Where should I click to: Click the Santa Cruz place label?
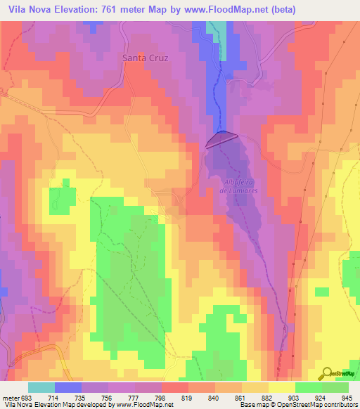(145, 58)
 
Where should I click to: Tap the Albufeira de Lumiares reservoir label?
(241, 186)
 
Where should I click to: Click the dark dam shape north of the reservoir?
(221, 139)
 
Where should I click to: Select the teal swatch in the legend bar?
(41, 387)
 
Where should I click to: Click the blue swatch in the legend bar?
(68, 387)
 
